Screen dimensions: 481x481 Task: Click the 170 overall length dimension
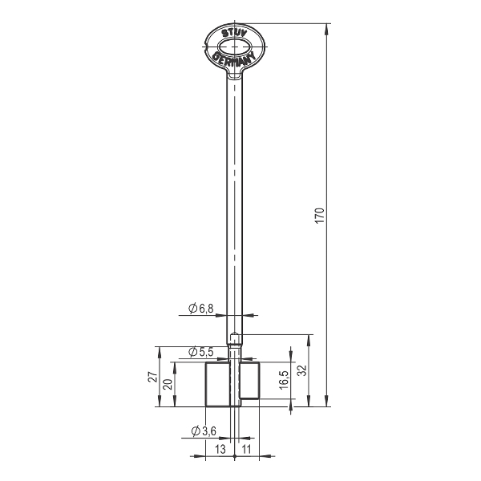320,216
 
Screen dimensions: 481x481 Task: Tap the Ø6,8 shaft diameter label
201,309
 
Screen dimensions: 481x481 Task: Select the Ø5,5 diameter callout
201,352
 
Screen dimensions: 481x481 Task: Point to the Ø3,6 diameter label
204,431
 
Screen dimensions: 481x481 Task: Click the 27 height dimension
153,377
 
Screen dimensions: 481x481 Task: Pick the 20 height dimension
168,384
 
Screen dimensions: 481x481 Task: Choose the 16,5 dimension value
285,380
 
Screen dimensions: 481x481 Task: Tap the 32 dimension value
302,370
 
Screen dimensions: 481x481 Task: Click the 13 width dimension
220,450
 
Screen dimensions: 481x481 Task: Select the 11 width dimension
246,450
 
